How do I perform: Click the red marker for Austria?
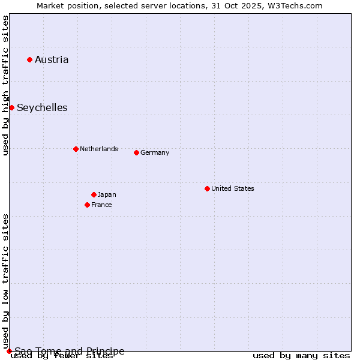point(29,59)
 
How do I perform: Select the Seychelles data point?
point(11,107)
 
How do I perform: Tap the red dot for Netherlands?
point(76,149)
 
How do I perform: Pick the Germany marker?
point(136,152)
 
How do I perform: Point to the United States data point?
point(207,188)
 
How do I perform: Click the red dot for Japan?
point(94,194)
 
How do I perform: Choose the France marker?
point(87,205)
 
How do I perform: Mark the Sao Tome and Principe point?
point(9,351)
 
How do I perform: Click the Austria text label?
point(52,59)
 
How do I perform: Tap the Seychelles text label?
point(42,108)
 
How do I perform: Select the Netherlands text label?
point(99,149)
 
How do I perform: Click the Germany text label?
point(155,152)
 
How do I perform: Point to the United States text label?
point(233,188)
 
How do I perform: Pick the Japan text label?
point(107,194)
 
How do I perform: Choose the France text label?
point(101,205)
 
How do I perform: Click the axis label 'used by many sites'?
point(301,356)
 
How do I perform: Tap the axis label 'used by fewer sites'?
point(62,356)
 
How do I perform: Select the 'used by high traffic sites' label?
point(5,85)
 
